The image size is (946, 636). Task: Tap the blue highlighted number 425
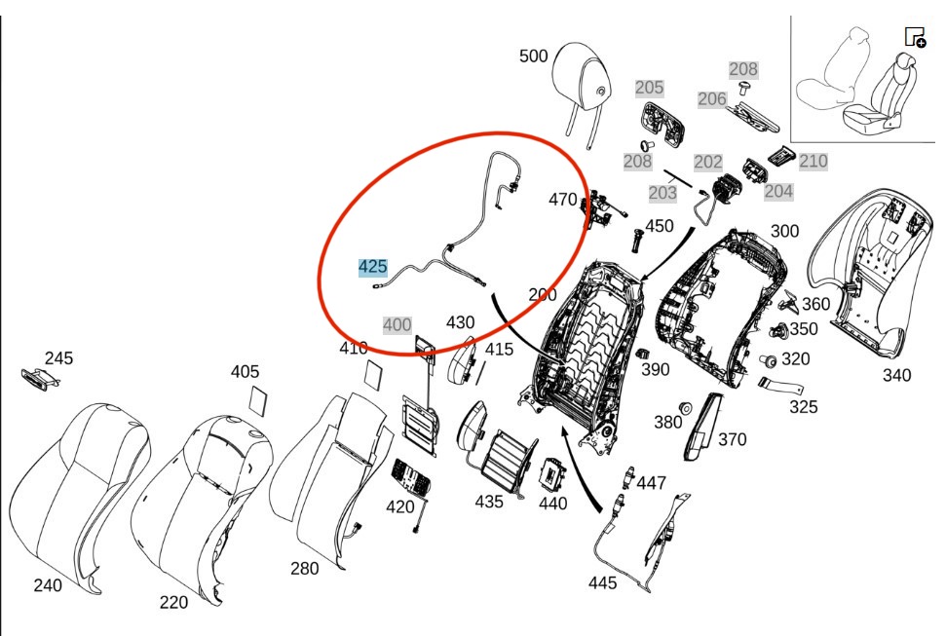coord(372,267)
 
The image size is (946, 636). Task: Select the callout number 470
coord(562,200)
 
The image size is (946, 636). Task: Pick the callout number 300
coord(784,231)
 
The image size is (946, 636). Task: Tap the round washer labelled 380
coord(684,406)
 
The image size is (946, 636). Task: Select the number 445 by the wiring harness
coord(602,583)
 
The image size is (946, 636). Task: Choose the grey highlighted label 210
coord(813,161)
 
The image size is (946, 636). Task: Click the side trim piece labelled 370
coord(701,426)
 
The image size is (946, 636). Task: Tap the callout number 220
coord(173,603)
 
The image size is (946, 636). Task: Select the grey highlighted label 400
coord(397,325)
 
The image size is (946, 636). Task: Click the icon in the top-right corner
coord(915,38)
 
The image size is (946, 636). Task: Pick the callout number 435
coord(489,502)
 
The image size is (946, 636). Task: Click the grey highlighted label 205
coord(649,88)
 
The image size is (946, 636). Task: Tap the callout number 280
coord(304,569)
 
